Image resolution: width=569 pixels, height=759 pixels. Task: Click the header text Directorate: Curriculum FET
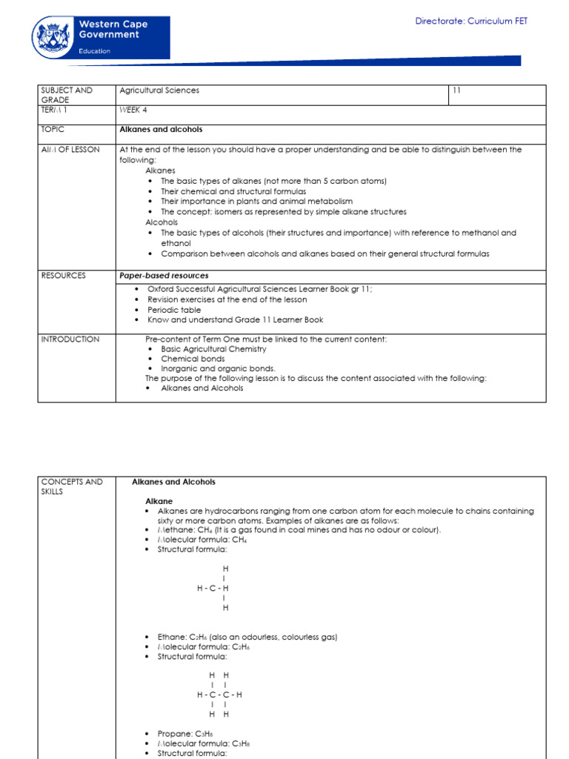point(471,21)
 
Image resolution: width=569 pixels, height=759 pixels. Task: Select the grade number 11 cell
point(457,90)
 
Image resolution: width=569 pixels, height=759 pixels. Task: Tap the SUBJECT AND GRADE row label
point(67,95)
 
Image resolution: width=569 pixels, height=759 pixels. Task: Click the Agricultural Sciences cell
point(159,90)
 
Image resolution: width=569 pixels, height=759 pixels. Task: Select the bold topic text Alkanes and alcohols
point(161,129)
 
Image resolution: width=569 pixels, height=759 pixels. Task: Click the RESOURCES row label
point(64,275)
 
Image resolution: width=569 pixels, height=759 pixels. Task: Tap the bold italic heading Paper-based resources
point(164,275)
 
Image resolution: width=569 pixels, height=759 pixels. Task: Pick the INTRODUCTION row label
point(70,339)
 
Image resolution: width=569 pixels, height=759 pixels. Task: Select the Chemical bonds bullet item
point(193,359)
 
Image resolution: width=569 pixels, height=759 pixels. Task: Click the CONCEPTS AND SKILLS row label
point(73,486)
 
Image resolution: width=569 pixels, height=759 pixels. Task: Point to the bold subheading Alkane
point(159,501)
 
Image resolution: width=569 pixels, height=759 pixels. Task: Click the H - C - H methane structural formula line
point(213,588)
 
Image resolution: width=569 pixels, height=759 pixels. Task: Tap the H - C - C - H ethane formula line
point(219,695)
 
